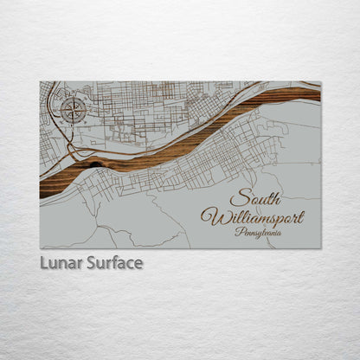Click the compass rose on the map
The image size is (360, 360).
tap(73, 109)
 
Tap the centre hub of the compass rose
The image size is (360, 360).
tap(73, 109)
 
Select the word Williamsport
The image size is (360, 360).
tap(253, 215)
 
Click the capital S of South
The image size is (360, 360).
tap(236, 197)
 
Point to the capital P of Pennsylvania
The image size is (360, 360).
tap(238, 231)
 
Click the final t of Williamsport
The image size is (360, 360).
tap(302, 215)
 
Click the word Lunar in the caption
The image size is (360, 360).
tap(61, 263)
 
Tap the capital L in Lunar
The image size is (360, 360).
tap(43, 263)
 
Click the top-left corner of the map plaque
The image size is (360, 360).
tap(40, 82)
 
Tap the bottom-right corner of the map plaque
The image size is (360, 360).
tap(320, 248)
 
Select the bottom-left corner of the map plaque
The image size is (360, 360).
tap(40, 248)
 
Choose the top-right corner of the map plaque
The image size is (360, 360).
tap(320, 82)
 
